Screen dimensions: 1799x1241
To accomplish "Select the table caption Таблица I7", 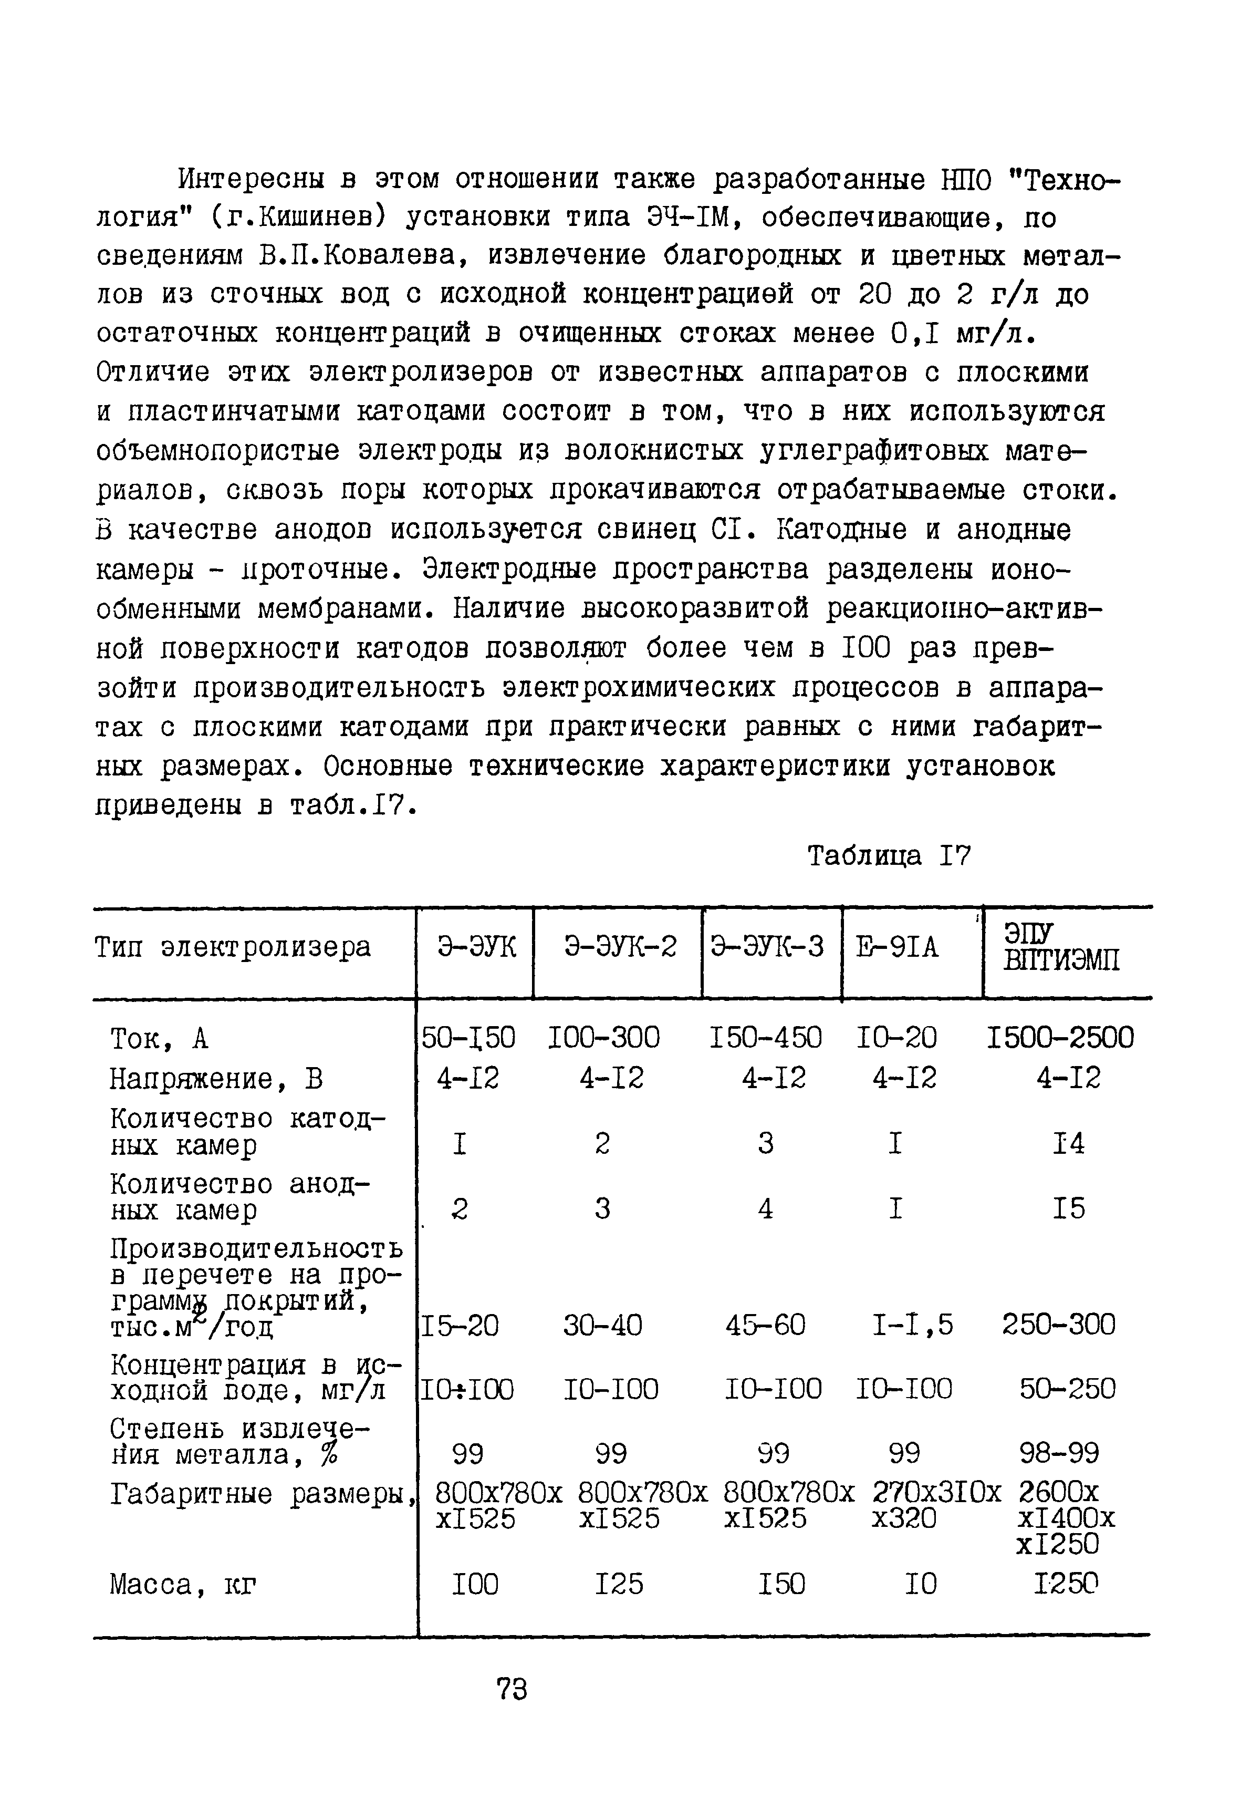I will (889, 856).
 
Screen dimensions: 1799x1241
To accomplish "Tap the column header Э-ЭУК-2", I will (620, 947).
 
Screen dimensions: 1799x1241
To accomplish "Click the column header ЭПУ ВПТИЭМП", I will (1061, 947).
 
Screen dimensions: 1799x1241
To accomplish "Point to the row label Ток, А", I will (160, 1038).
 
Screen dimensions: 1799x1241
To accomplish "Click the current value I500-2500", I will (1060, 1038).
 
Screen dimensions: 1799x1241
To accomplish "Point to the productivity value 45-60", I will (765, 1325).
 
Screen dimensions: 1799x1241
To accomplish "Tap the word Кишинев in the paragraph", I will (318, 219).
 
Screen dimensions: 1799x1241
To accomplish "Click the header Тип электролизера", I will (233, 947).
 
